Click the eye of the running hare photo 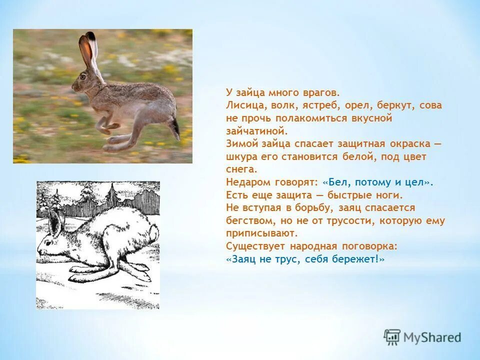pos(82,76)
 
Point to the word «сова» pos(430,105)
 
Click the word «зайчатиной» pos(256,131)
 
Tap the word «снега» pos(241,169)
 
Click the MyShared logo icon pos(392,337)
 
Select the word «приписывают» pos(261,233)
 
